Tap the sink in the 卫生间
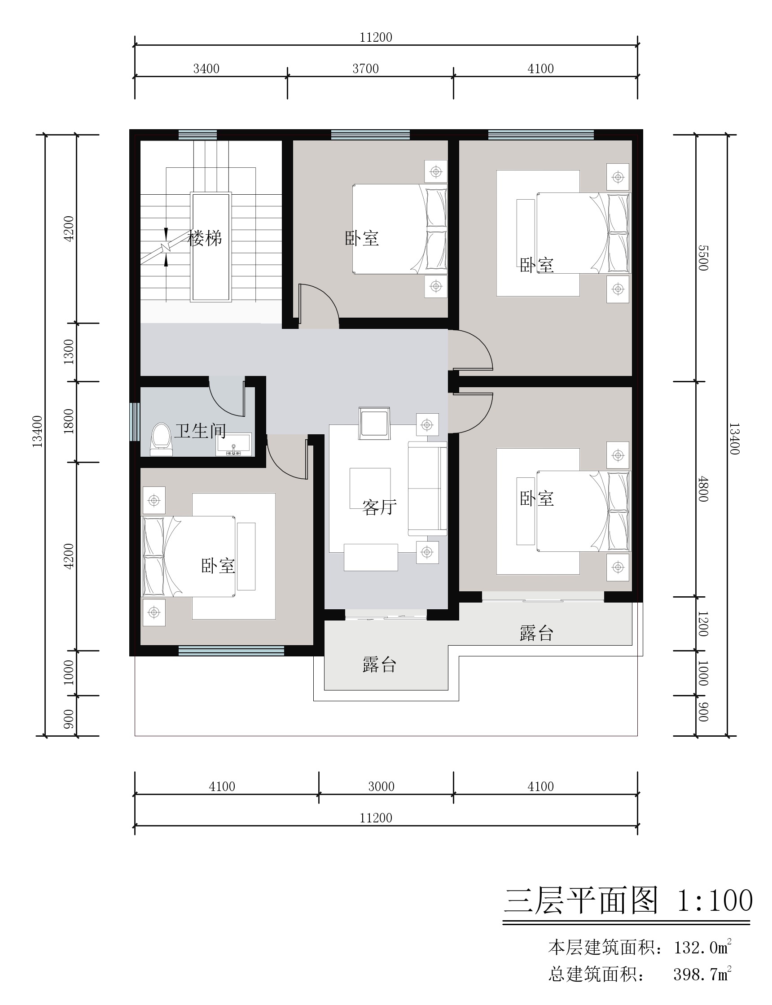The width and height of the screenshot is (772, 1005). point(234,444)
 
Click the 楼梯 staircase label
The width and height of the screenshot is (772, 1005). point(205,238)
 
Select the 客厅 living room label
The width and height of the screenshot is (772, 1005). point(379,507)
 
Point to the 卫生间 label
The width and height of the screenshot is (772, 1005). point(200,431)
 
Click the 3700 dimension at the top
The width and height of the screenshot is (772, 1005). point(366,69)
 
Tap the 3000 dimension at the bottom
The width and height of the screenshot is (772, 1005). point(382,787)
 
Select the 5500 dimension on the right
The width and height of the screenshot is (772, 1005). point(703,258)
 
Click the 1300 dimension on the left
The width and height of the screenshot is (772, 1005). point(69,352)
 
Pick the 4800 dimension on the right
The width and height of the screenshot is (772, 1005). point(703,489)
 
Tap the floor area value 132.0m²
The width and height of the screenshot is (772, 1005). point(702,947)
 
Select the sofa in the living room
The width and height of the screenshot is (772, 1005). point(427,489)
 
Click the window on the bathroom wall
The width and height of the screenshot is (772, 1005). point(134,422)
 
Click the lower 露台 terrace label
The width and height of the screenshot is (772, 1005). point(379,665)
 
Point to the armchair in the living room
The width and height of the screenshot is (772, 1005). point(374,423)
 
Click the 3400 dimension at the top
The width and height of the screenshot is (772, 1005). point(206,69)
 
